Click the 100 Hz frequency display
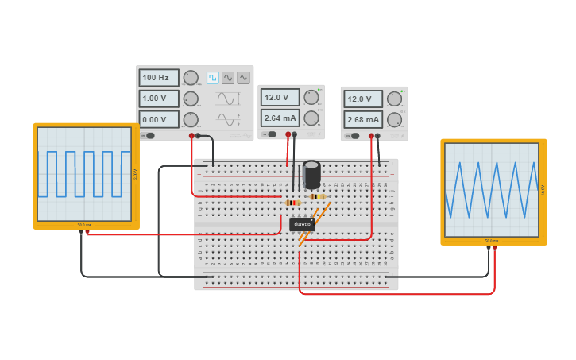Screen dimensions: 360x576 [158, 78]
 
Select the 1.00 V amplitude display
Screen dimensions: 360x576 [158, 99]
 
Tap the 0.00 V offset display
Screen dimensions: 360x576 [158, 120]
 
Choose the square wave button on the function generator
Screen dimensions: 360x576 [212, 78]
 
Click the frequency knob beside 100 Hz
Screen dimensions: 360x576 [191, 78]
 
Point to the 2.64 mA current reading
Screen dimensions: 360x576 [280, 118]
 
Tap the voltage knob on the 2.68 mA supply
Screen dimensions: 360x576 [394, 99]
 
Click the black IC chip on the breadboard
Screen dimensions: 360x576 [302, 224]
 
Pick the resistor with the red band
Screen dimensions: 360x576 [292, 203]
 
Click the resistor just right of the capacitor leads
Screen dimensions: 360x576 [318, 196]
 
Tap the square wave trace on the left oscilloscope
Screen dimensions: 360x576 [84, 173]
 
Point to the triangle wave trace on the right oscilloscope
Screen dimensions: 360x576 [492, 189]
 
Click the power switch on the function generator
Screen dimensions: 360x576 [149, 135]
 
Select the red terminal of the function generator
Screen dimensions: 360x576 [191, 135]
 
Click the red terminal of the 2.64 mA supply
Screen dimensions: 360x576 [288, 134]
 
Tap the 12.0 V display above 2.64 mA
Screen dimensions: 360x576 [280, 98]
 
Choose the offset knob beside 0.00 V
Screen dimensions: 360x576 [191, 120]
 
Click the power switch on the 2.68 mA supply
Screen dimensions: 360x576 [354, 136]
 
